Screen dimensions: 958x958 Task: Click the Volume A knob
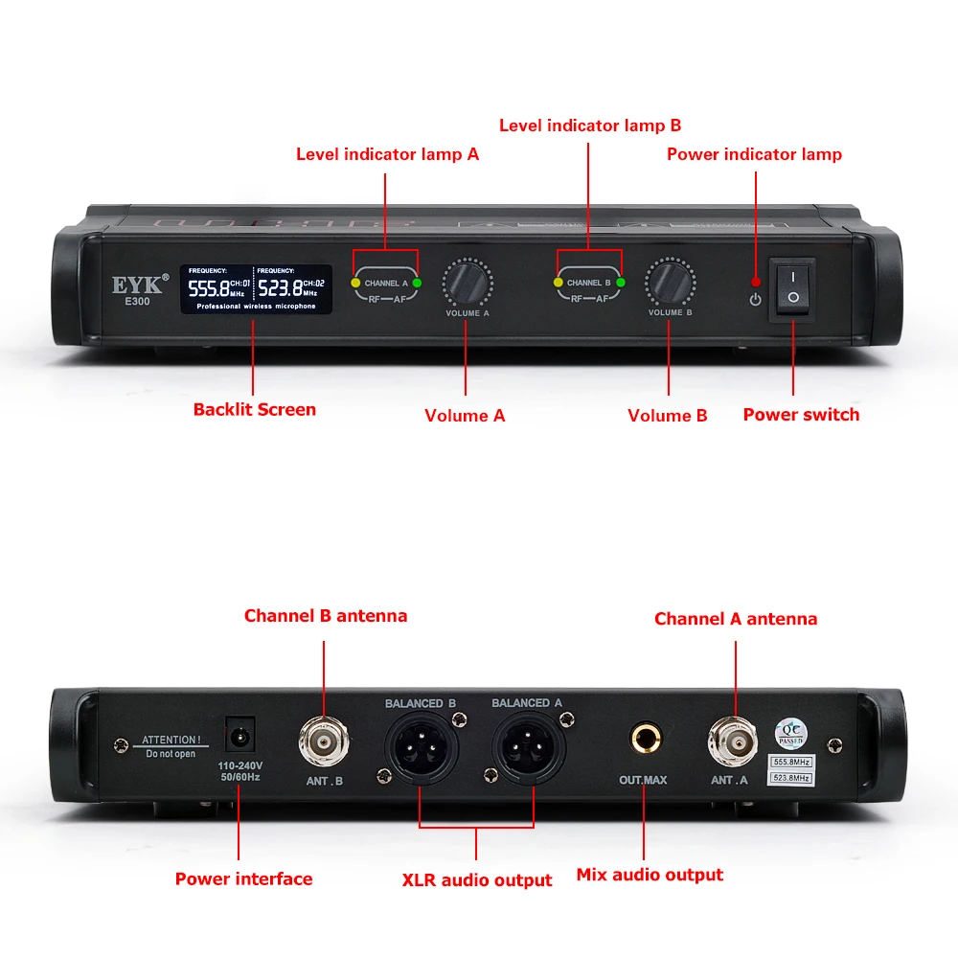pyautogui.click(x=466, y=283)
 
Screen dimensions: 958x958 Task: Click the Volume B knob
pyautogui.click(x=669, y=283)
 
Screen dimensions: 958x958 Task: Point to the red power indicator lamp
pyautogui.click(x=756, y=282)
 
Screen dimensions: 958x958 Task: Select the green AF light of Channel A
pyautogui.click(x=417, y=284)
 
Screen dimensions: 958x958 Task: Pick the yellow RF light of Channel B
pyautogui.click(x=558, y=283)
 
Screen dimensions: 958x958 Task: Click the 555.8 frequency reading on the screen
pyautogui.click(x=208, y=288)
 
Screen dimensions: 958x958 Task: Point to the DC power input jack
pyautogui.click(x=239, y=737)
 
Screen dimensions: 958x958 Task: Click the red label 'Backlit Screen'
pyautogui.click(x=254, y=409)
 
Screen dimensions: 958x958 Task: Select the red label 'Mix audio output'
pyautogui.click(x=650, y=875)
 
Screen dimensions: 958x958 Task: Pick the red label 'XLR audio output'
pyautogui.click(x=477, y=879)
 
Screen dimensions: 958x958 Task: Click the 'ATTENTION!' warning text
pyautogui.click(x=171, y=740)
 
